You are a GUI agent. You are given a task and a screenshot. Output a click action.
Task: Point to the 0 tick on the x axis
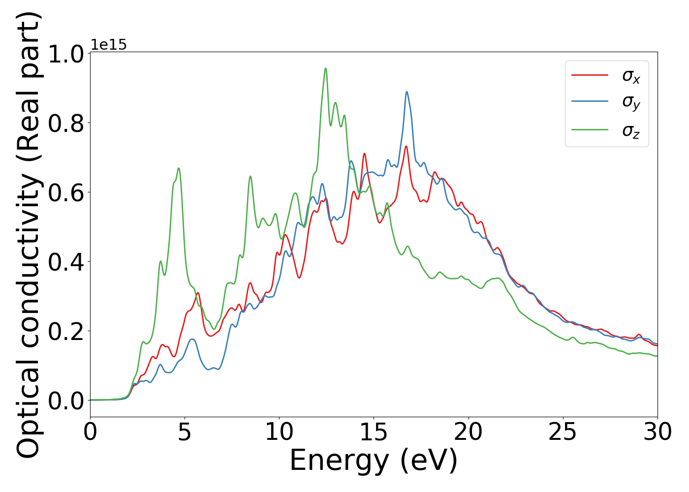90,432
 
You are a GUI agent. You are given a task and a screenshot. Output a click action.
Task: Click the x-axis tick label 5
185,432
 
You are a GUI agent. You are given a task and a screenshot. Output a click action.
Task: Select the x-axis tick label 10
279,432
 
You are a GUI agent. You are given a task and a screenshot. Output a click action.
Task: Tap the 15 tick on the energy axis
374,432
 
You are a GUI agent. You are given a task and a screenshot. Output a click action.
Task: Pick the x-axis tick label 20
468,432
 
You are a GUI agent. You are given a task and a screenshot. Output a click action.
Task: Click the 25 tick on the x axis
563,432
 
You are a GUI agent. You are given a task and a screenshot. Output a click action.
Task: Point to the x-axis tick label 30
657,432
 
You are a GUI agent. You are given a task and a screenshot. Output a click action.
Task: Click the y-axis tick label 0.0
66,400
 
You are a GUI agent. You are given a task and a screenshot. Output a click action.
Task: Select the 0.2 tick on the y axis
66,331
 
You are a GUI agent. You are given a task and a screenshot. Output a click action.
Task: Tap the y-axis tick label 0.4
66,262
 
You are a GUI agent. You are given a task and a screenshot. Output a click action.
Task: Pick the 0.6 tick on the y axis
66,192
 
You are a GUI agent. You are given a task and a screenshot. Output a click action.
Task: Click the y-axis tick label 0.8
66,123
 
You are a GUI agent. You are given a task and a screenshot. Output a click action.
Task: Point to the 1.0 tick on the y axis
66,54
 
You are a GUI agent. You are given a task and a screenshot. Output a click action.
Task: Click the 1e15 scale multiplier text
109,45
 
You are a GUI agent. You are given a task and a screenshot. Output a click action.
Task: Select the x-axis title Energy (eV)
374,461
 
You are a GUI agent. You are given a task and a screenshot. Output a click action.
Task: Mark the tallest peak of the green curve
325,69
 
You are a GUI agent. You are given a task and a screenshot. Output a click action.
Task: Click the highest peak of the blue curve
407,92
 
